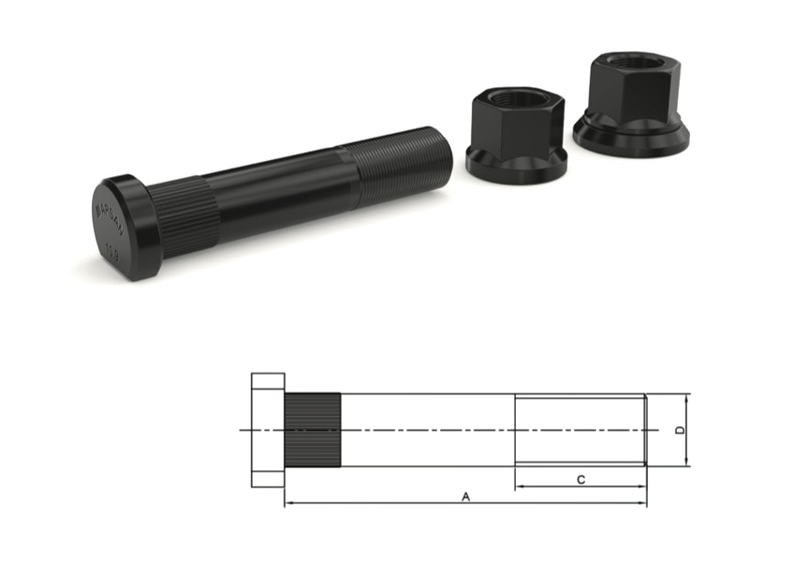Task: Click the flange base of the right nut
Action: [631, 138]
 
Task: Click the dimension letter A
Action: [465, 496]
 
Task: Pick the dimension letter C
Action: [581, 479]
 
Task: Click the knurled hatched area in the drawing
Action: [313, 430]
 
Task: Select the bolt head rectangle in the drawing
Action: [268, 430]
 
